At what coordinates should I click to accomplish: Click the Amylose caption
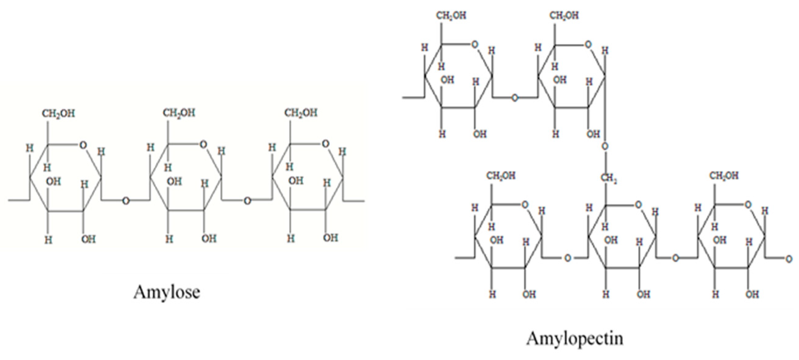[x=167, y=292]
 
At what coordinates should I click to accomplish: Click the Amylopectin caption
[x=574, y=338]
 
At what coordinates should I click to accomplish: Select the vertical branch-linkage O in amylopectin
[x=605, y=146]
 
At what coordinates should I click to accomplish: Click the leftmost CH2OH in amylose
[x=58, y=113]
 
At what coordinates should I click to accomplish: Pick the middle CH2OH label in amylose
[x=179, y=113]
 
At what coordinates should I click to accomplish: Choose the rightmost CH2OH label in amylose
[x=301, y=113]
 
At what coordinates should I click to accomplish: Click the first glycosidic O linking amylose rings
[x=126, y=201]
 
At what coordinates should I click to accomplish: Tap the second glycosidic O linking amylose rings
[x=247, y=201]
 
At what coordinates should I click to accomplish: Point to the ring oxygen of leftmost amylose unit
[x=83, y=145]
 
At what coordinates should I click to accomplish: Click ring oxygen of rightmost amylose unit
[x=325, y=144]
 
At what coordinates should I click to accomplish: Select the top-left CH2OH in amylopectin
[x=451, y=16]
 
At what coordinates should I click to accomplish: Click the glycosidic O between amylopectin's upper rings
[x=515, y=98]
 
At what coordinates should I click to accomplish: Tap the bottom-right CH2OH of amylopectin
[x=724, y=176]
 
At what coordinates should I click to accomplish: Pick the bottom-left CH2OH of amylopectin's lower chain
[x=501, y=176]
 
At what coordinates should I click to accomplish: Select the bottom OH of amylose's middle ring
[x=209, y=239]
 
